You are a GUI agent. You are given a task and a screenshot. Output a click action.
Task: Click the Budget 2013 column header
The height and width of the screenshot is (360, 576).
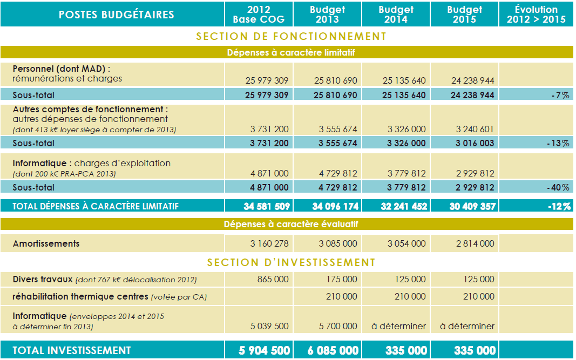tap(327, 15)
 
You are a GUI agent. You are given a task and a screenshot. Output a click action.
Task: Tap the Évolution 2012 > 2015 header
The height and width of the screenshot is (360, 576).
tap(536, 15)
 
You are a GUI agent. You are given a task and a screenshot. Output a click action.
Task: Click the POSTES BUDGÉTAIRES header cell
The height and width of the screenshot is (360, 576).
tap(116, 15)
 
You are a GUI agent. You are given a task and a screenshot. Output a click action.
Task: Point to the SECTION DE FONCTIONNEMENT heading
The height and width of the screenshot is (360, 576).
tap(291, 37)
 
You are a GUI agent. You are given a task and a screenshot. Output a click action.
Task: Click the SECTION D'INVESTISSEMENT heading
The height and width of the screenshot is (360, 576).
tap(291, 263)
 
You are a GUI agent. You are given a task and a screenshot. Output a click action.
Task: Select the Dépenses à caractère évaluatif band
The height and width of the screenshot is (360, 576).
tap(291, 225)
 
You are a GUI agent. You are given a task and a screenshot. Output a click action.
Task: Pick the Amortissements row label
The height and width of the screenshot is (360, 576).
tap(46, 243)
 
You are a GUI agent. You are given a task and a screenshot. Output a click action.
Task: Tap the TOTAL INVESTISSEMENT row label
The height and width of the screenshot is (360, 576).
tap(71, 350)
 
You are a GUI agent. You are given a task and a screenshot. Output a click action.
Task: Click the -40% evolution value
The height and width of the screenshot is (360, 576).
tap(559, 188)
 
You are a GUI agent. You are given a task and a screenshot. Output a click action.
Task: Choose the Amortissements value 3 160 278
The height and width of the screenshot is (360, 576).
tap(269, 243)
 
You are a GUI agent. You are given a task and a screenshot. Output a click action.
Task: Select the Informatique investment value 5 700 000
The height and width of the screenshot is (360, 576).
tap(337, 326)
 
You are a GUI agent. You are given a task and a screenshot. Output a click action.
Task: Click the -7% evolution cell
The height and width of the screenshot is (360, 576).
tap(561, 95)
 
